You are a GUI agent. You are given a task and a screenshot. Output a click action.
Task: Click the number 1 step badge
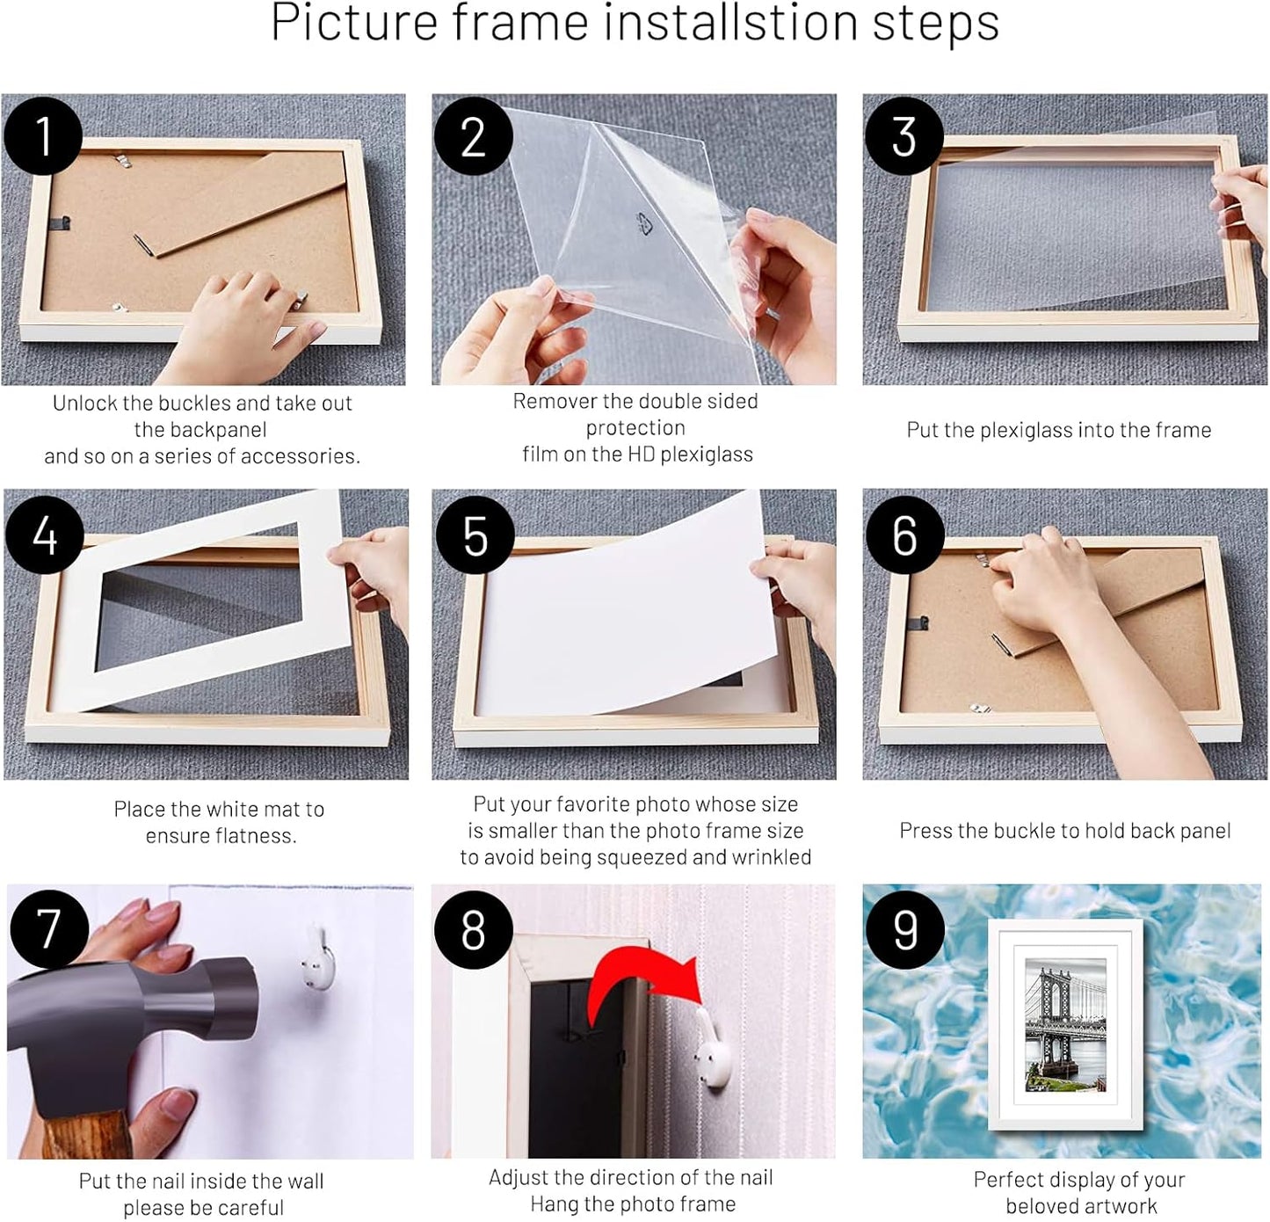point(43,136)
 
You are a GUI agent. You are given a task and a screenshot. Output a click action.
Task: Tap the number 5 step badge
point(475,535)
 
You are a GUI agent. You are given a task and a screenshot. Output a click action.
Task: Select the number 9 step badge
point(905,929)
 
